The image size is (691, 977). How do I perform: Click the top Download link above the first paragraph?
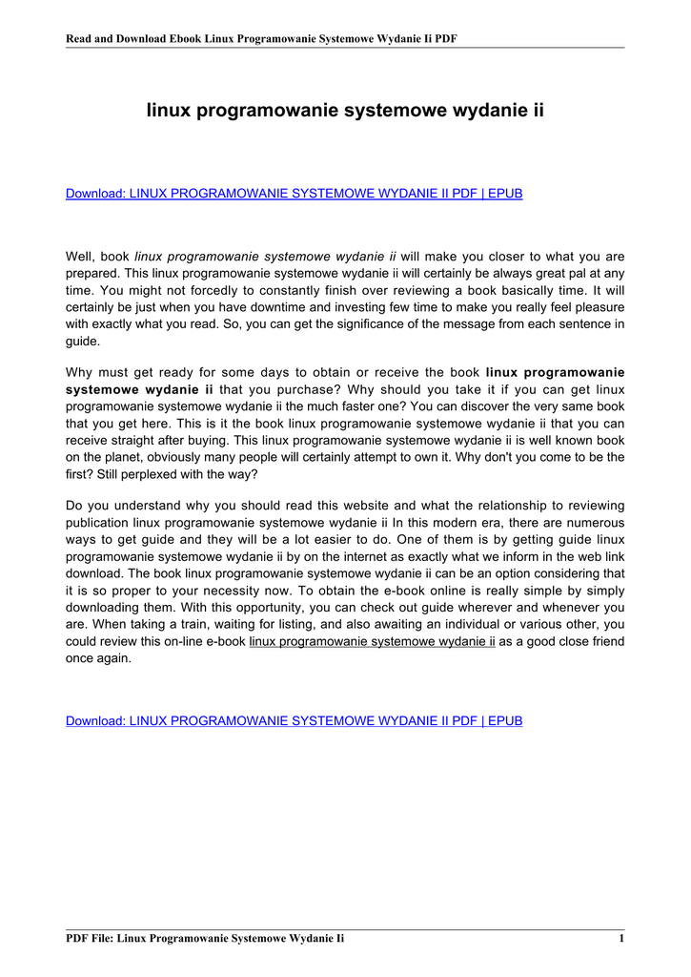point(294,194)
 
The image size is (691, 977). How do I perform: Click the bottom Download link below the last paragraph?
point(294,720)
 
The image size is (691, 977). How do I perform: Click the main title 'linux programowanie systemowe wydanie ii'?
point(345,111)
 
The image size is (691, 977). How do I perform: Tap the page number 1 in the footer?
point(620,939)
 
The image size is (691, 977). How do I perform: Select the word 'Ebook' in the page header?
point(182,39)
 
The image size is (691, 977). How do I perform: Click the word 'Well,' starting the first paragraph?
point(82,257)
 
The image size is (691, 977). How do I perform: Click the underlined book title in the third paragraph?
point(372,641)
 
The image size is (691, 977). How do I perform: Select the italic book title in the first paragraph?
point(265,257)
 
